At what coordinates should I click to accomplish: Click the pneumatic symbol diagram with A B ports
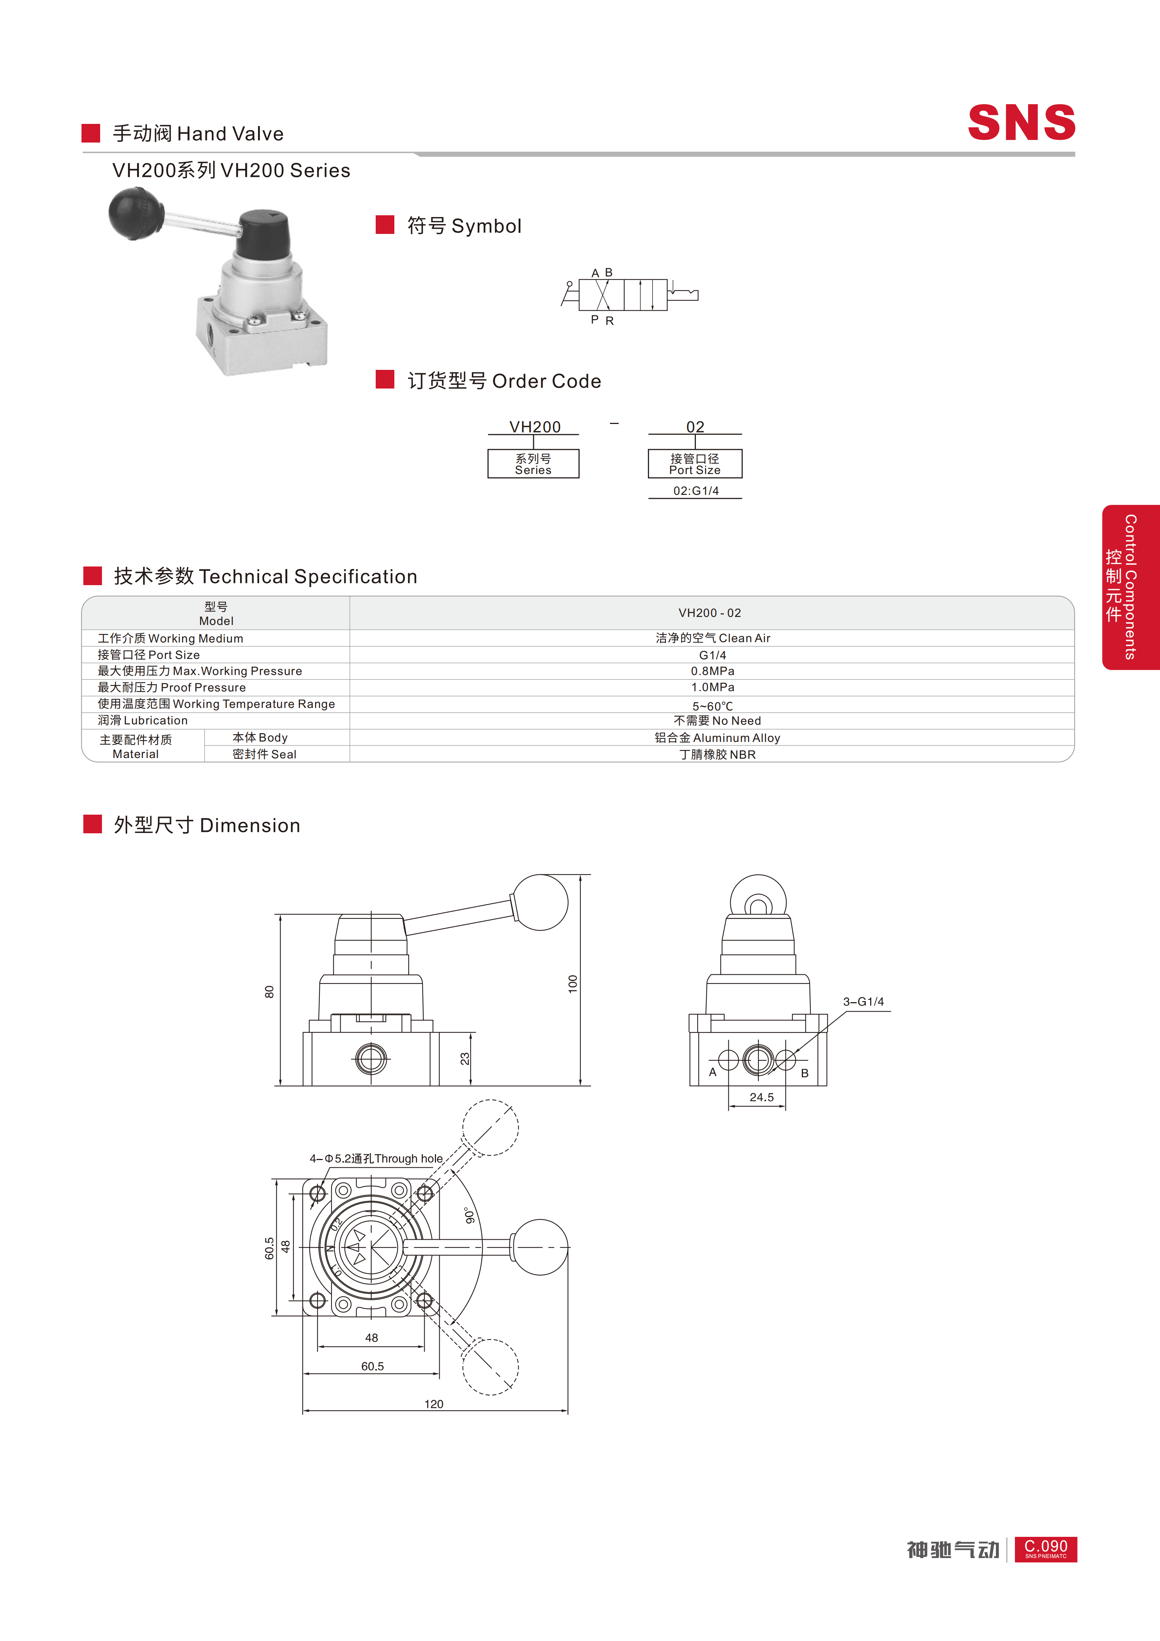point(629,295)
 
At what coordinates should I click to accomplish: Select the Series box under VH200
point(533,464)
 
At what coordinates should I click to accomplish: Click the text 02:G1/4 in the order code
point(695,491)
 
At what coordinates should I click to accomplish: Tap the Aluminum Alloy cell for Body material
point(717,738)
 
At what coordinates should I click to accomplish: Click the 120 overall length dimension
point(434,1404)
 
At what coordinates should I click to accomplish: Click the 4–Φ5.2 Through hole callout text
point(376,1159)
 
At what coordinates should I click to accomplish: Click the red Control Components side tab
point(1131,587)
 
